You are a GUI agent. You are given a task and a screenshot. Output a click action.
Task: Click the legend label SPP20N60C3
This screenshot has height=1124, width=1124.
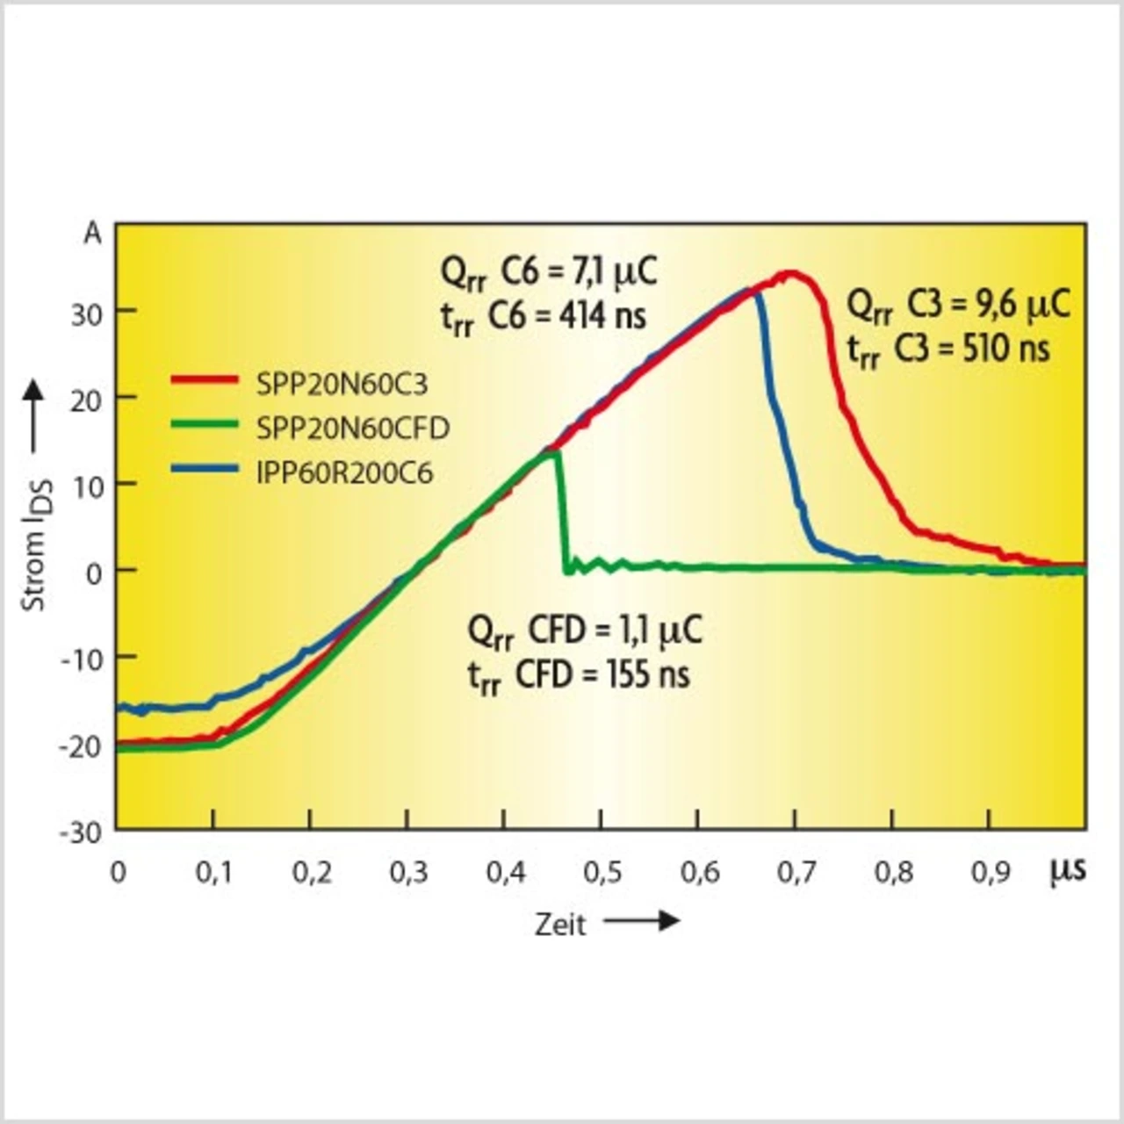click(x=342, y=384)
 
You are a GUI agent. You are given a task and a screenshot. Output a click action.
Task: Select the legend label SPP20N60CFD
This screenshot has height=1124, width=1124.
click(x=352, y=429)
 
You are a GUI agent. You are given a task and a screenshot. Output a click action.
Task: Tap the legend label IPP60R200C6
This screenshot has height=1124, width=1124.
click(x=344, y=474)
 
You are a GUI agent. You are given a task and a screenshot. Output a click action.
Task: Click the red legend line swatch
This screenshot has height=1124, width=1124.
click(x=204, y=380)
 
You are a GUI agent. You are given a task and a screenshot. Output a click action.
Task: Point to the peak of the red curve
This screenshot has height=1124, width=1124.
click(x=791, y=273)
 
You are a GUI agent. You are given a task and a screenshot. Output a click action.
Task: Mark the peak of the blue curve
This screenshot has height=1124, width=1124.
click(x=749, y=290)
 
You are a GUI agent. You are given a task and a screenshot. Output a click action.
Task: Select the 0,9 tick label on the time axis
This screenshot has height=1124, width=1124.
click(x=990, y=872)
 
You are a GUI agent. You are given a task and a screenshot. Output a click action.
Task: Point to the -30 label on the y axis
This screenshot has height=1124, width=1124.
click(x=81, y=832)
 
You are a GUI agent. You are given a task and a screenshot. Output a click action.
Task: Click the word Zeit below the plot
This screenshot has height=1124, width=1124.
click(x=560, y=925)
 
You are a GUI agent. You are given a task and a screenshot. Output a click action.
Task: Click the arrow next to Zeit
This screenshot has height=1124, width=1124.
click(x=642, y=920)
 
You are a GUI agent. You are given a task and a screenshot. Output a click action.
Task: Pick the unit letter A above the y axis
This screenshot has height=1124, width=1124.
click(x=92, y=234)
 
